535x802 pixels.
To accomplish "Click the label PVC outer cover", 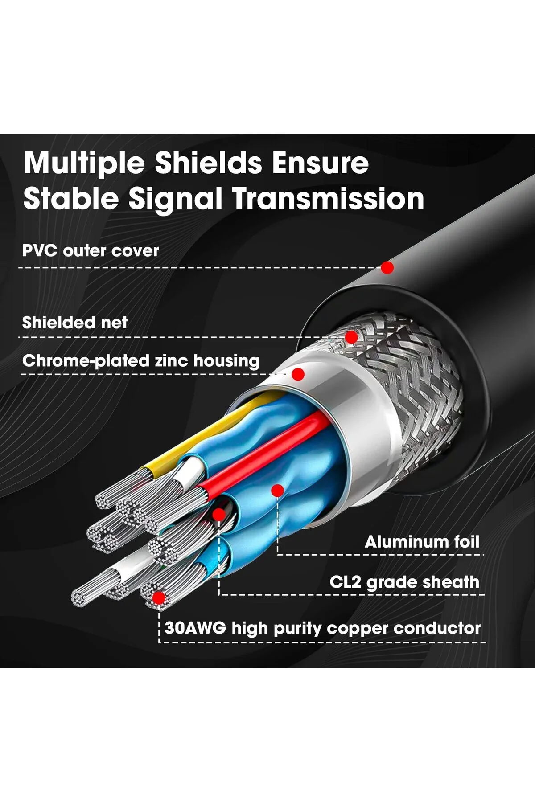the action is [x=91, y=250].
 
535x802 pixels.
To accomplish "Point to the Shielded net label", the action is [x=75, y=322].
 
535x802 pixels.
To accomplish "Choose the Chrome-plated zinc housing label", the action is [x=141, y=361].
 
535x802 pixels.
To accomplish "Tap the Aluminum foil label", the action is [x=422, y=542].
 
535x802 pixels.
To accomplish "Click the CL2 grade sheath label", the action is [x=404, y=582].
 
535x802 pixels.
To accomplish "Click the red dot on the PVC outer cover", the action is [x=387, y=268].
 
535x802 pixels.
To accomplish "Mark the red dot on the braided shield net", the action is [x=351, y=337].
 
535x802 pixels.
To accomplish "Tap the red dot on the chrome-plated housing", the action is [x=298, y=374].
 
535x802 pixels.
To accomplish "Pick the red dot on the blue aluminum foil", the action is [x=278, y=491].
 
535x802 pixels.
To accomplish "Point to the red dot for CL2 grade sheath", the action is [x=219, y=515].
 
